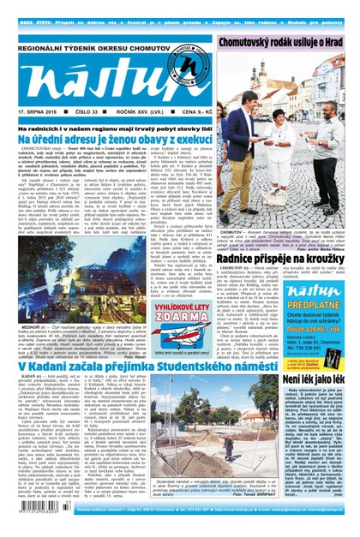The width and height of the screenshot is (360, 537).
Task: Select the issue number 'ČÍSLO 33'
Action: point(88,111)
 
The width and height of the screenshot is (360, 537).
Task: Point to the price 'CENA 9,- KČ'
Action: point(189,111)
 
